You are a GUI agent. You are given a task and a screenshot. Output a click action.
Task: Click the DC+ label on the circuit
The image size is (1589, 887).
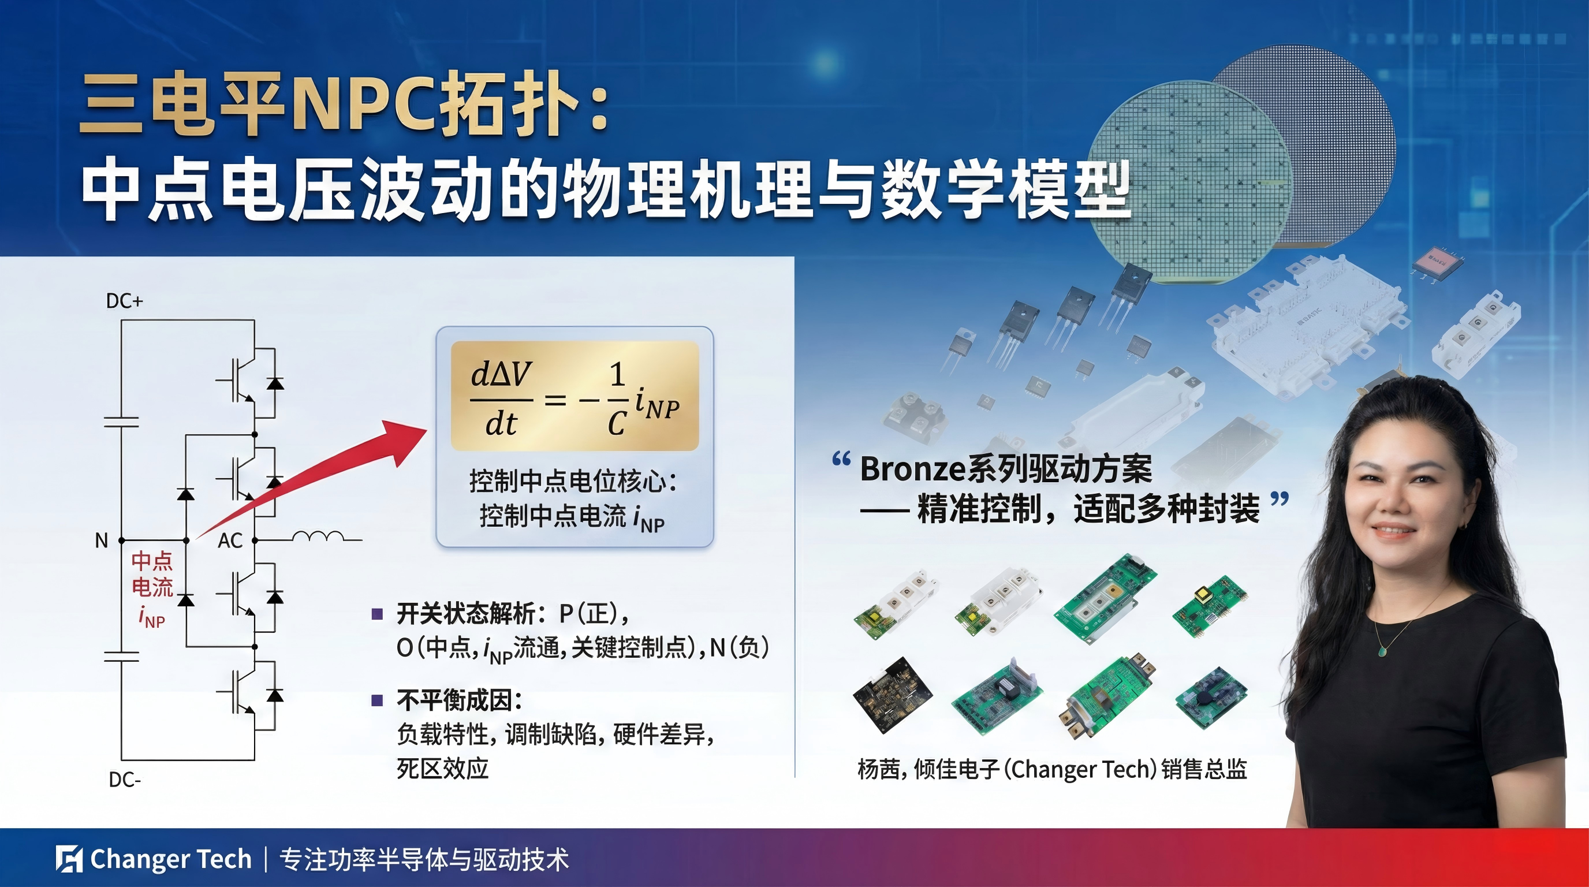click(125, 301)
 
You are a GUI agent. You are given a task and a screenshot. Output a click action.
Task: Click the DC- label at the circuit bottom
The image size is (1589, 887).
click(125, 780)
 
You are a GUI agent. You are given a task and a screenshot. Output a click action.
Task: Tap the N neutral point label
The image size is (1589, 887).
click(101, 541)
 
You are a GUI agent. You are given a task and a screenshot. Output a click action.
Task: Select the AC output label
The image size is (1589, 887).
click(230, 541)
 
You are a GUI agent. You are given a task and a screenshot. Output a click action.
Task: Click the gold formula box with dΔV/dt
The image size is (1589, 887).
click(575, 396)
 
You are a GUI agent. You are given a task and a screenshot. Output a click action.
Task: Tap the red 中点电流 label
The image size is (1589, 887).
click(152, 573)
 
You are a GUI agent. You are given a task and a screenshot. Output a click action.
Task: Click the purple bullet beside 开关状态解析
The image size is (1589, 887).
click(378, 614)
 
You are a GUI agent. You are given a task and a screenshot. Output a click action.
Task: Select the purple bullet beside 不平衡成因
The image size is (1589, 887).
click(378, 700)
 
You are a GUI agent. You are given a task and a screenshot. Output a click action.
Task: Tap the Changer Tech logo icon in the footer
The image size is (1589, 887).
click(69, 859)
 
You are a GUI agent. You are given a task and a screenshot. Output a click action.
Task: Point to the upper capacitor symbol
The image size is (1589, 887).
click(121, 422)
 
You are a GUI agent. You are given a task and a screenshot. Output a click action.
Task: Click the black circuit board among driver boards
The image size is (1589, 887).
click(893, 695)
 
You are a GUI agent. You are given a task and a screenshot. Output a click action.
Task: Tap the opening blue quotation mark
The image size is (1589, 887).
click(841, 460)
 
